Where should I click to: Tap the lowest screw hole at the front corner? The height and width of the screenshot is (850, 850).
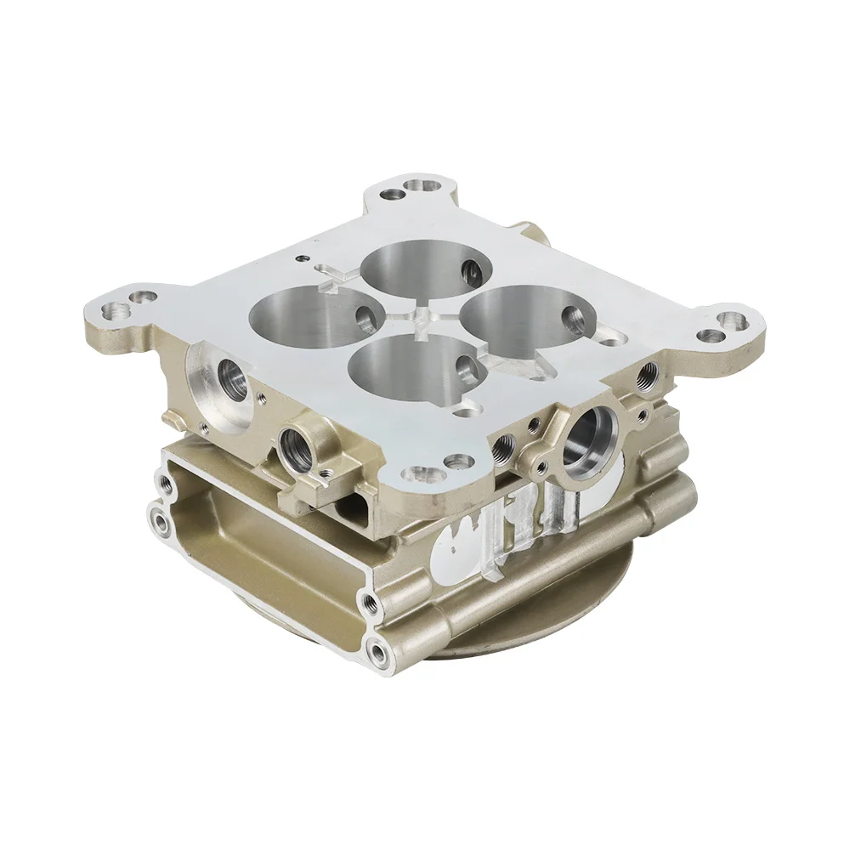[375, 653]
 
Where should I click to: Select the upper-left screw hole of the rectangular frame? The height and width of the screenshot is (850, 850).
[164, 483]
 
